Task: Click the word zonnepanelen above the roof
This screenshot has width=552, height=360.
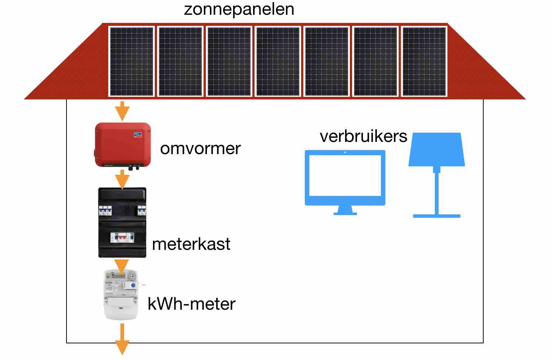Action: point(239,9)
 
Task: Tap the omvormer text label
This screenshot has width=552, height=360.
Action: point(200,148)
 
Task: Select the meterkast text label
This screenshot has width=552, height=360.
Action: point(191,244)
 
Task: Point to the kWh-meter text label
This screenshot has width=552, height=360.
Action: point(191,304)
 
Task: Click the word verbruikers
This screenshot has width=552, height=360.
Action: point(363,136)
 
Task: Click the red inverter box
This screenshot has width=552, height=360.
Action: point(122,145)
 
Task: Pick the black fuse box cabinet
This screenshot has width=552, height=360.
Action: point(122,222)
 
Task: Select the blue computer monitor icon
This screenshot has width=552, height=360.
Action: point(345,177)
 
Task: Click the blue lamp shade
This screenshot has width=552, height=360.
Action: point(436,149)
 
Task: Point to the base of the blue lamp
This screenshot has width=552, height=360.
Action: point(436,215)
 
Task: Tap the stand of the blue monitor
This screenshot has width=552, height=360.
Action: point(345,210)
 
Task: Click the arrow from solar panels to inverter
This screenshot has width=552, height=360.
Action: point(122,111)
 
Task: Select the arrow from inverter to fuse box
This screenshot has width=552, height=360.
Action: point(122,180)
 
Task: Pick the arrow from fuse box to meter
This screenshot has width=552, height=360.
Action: point(122,265)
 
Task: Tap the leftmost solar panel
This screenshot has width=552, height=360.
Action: point(132,61)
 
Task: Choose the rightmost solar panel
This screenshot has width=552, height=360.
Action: point(424,61)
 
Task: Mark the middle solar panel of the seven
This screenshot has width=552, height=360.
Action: point(278,61)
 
